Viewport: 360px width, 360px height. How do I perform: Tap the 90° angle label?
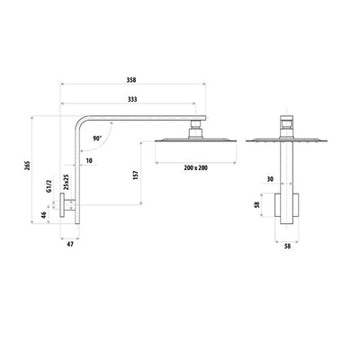point(95,139)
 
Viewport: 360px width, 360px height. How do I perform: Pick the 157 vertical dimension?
point(135,175)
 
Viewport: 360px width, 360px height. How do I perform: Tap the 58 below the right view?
point(287,244)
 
